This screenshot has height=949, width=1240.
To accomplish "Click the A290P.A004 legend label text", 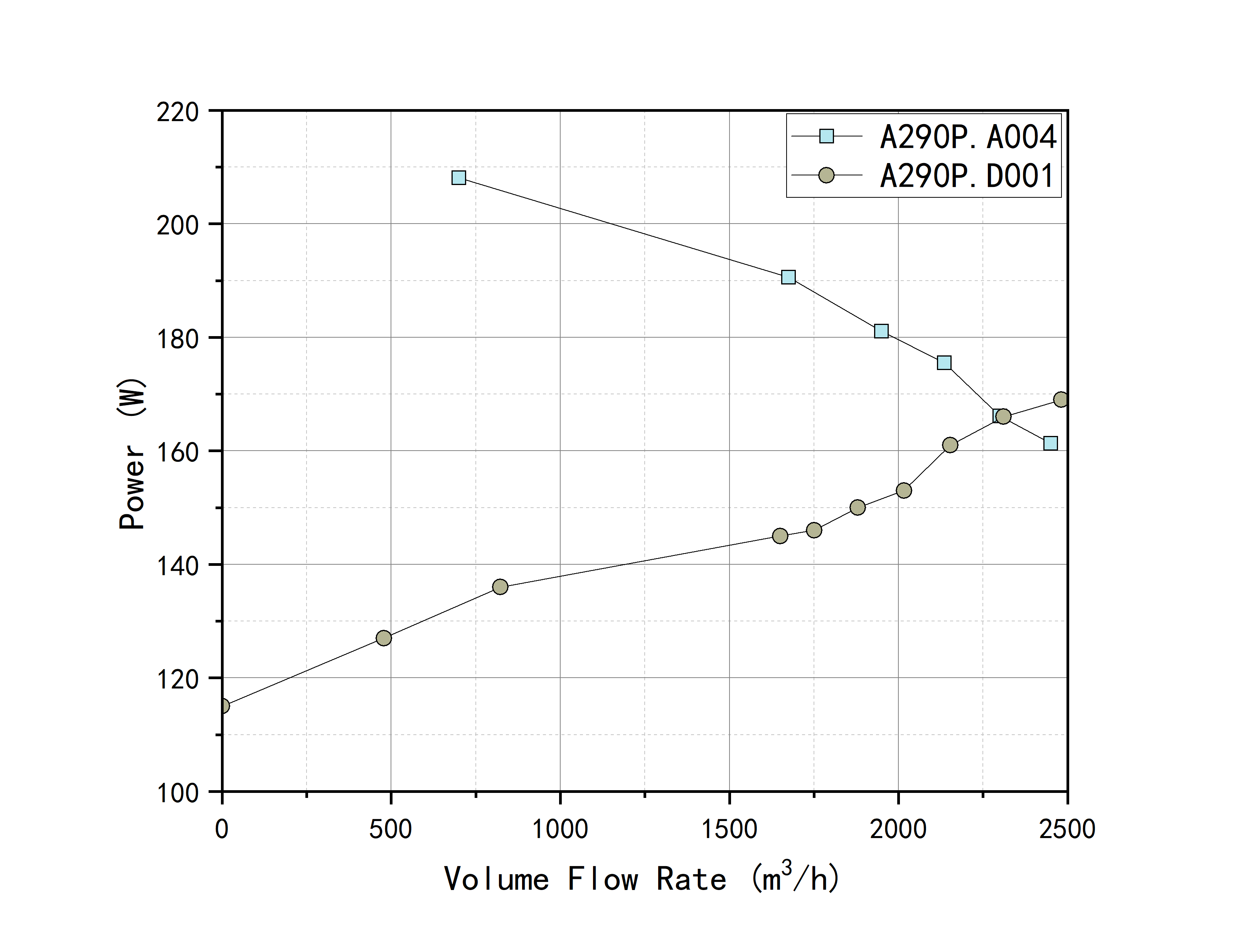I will [x=968, y=137].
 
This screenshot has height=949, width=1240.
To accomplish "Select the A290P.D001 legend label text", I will [x=967, y=176].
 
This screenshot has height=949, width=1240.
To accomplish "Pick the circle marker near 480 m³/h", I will [x=384, y=638].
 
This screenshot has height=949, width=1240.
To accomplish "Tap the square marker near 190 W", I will [x=788, y=277].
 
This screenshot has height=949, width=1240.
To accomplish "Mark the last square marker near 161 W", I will [x=1050, y=443].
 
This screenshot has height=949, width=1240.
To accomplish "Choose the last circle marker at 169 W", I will [x=1061, y=399].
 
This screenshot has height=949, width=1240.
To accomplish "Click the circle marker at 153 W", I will [x=904, y=490].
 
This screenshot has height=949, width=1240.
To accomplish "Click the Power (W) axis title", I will [x=133, y=454].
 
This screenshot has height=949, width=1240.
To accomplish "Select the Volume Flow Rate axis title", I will [x=642, y=879].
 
